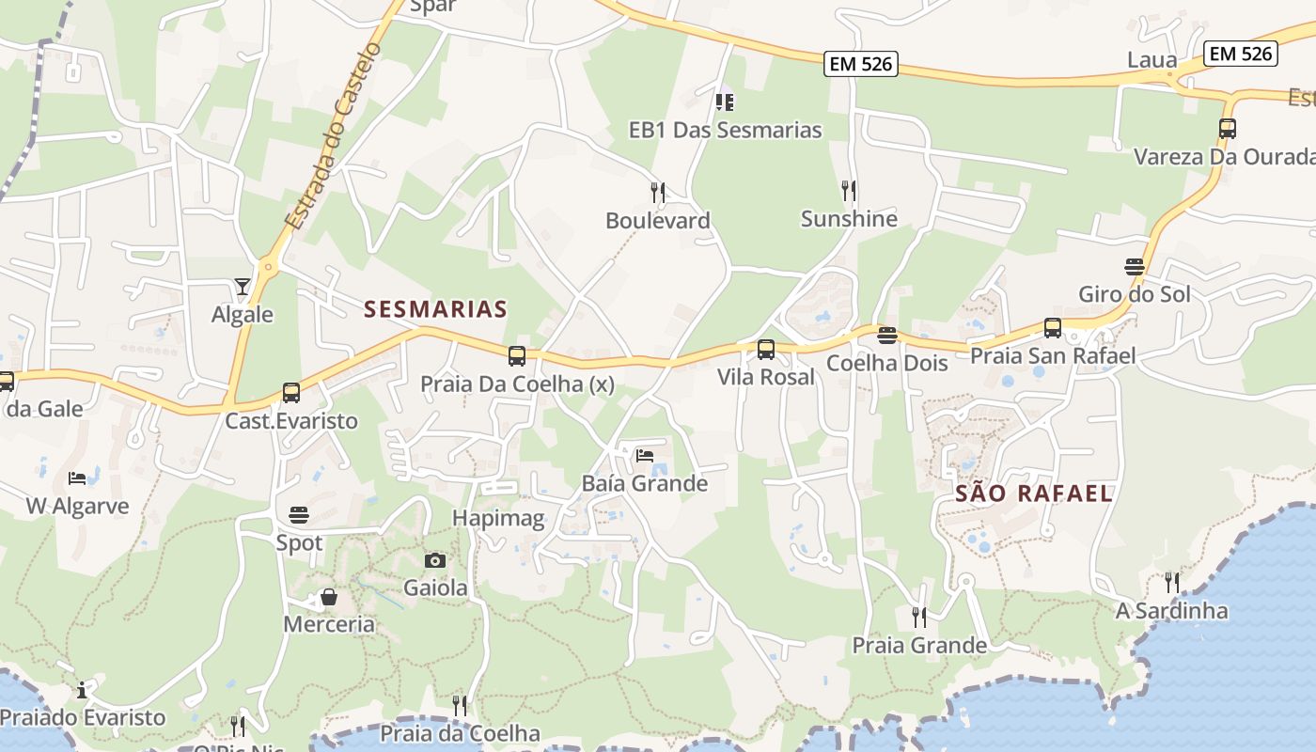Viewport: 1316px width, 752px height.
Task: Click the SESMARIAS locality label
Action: [x=435, y=308]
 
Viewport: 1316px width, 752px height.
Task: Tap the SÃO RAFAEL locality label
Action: [x=1034, y=493]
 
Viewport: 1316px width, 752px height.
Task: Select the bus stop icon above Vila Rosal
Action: [x=766, y=350]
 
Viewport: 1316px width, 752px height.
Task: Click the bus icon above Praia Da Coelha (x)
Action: [x=516, y=356]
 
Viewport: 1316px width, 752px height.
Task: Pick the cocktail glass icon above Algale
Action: [x=243, y=287]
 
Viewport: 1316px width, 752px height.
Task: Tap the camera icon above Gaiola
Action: [x=434, y=560]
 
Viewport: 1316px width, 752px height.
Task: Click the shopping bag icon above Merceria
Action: [x=329, y=597]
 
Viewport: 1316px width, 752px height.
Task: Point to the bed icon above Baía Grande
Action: [x=644, y=456]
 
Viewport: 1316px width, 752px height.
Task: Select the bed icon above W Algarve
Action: [x=77, y=478]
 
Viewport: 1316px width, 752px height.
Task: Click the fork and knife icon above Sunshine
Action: [x=849, y=191]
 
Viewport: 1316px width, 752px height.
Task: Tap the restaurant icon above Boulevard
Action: [x=658, y=193]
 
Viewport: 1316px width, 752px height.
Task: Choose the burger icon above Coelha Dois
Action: [x=886, y=336]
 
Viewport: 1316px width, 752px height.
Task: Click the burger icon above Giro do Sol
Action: [x=1135, y=267]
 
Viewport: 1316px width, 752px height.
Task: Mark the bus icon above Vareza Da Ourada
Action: [x=1227, y=129]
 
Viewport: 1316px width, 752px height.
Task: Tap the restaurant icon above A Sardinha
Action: [x=1171, y=583]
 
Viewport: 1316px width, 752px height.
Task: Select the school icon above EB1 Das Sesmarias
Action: [x=724, y=102]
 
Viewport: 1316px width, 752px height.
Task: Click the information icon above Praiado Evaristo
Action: [x=82, y=691]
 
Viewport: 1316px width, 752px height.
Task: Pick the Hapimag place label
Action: [x=498, y=518]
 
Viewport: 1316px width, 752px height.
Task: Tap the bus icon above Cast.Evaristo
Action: [x=291, y=393]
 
